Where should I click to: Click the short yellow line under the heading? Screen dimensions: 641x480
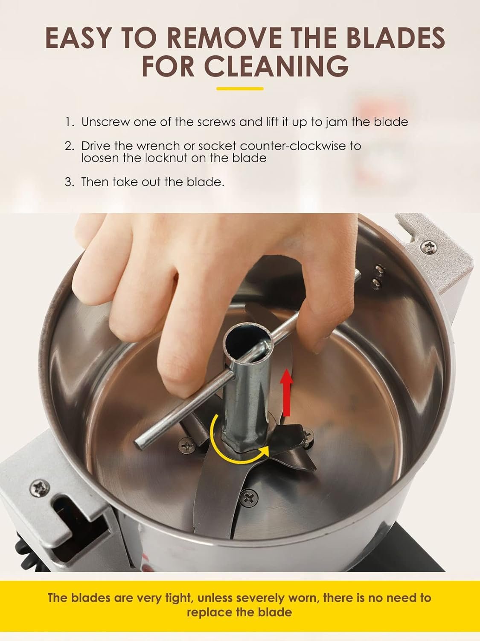240,89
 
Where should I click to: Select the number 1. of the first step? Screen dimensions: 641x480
70,122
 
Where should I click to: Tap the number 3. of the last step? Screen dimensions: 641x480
70,182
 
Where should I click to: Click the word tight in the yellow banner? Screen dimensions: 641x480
176,597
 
